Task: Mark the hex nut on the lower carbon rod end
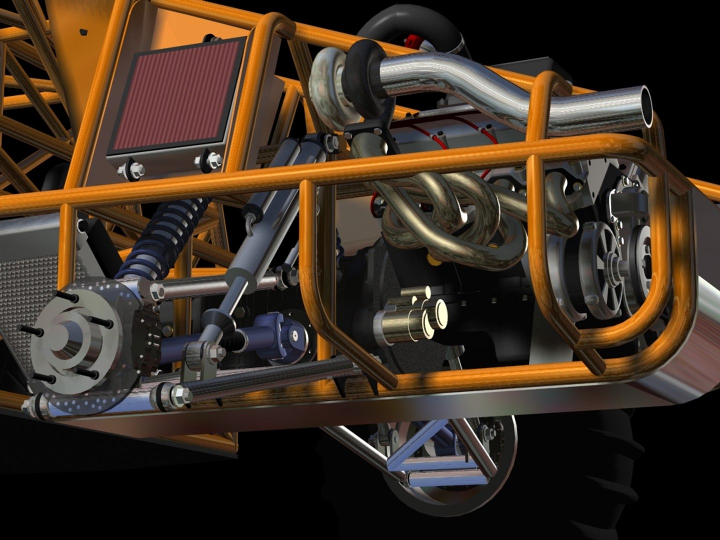(177, 395)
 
